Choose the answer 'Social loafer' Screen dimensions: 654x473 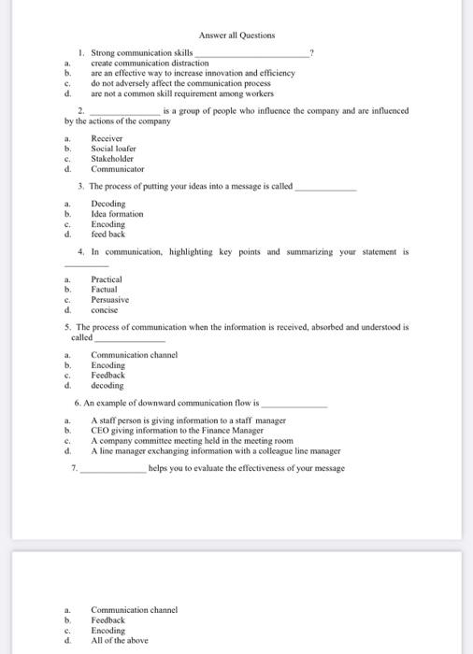tap(113, 149)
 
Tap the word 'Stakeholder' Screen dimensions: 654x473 tap(114, 159)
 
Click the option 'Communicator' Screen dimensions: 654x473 tap(118, 169)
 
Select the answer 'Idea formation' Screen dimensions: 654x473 tap(117, 214)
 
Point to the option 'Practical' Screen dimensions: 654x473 tap(107, 279)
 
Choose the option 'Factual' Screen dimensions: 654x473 tap(105, 290)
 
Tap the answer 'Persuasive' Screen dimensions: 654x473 tap(109, 300)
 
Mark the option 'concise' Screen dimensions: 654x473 tap(105, 309)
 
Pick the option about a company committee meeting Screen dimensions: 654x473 tap(192, 441)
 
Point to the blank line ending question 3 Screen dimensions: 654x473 tap(325, 187)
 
